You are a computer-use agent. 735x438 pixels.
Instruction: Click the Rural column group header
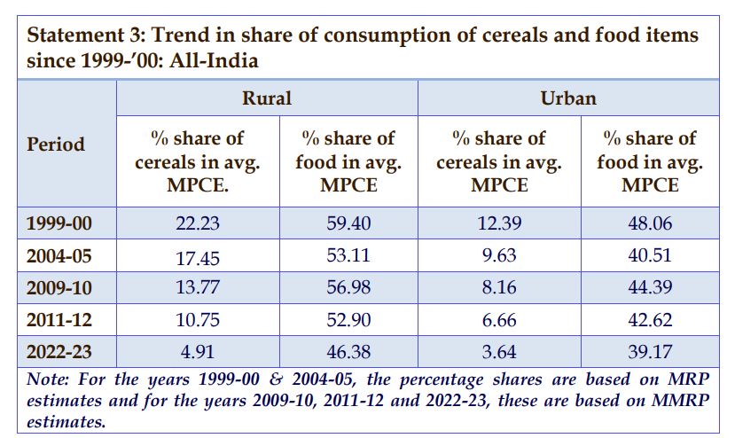coord(267,98)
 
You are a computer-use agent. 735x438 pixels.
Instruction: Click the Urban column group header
coord(568,98)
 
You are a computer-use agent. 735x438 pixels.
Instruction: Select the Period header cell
coord(56,144)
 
